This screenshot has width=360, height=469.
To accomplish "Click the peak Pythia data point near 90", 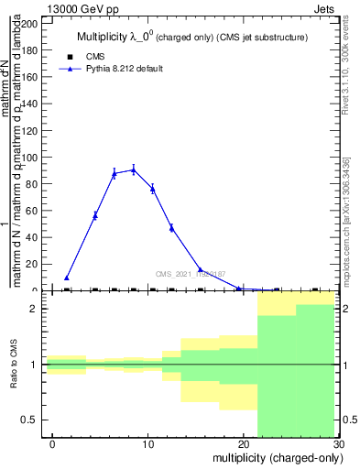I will click(134, 169).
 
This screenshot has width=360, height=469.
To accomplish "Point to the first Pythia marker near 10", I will click(67, 278).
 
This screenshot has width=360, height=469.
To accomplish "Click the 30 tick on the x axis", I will click(338, 444).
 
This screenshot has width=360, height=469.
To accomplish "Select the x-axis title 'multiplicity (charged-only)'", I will click(277, 458).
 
